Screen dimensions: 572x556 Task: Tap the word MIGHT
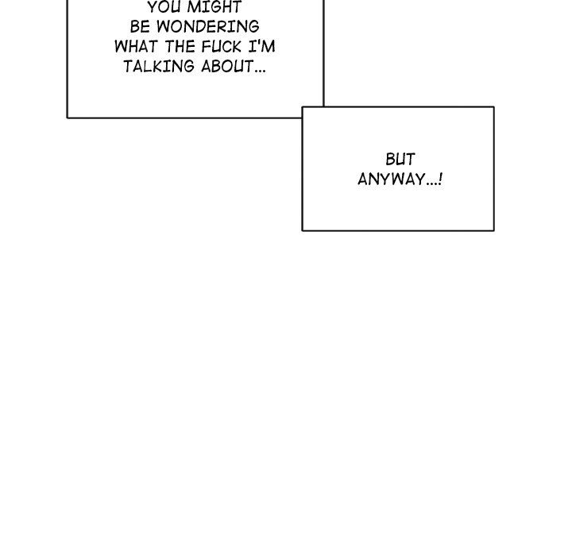click(x=214, y=7)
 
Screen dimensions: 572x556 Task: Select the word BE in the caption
click(x=140, y=27)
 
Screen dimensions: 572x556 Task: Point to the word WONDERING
click(x=208, y=27)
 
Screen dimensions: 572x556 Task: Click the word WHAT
click(x=136, y=47)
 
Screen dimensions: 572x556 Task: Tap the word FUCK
click(x=222, y=47)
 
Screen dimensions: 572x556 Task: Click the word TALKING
click(x=159, y=67)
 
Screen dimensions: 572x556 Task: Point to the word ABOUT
click(x=227, y=67)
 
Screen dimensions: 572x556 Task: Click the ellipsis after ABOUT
click(x=260, y=71)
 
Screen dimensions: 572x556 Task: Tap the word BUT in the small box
click(x=400, y=160)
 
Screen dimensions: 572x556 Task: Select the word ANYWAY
click(x=392, y=180)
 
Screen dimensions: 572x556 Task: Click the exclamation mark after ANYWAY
click(x=441, y=179)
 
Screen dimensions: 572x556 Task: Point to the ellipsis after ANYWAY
click(x=432, y=183)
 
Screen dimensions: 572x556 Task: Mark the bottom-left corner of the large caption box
click(x=68, y=118)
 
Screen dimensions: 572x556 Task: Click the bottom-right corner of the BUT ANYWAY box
click(x=494, y=230)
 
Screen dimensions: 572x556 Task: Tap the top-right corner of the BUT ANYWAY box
click(x=494, y=107)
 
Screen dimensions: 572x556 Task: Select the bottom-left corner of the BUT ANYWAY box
click(x=303, y=230)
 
